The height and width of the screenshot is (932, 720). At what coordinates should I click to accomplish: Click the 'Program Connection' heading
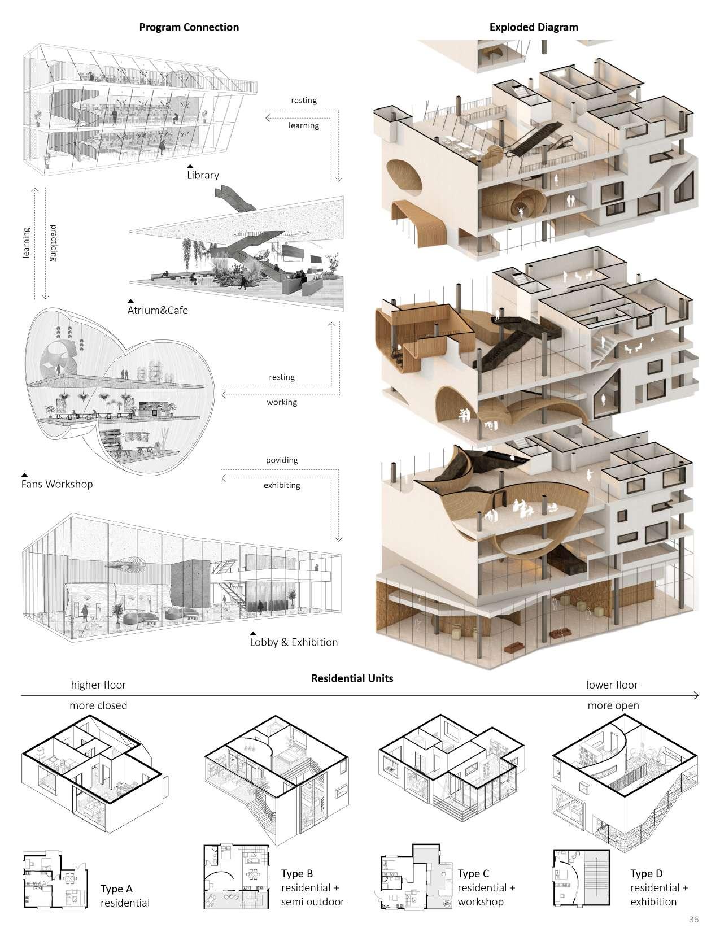189,27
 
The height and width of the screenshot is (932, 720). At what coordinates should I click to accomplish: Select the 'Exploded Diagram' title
534,27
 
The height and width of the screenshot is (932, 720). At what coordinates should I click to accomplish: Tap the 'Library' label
203,175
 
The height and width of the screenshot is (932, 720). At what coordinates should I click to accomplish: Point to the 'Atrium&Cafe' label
158,310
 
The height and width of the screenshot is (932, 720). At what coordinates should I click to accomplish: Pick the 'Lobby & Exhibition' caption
294,642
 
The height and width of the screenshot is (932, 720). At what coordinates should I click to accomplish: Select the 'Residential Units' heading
352,678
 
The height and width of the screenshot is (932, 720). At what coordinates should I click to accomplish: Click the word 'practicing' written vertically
54,243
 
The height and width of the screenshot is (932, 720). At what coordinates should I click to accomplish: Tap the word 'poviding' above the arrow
282,460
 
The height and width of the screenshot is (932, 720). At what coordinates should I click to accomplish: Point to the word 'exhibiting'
282,485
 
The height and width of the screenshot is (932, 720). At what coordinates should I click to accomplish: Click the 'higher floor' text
98,685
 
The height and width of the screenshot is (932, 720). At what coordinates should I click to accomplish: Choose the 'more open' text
613,705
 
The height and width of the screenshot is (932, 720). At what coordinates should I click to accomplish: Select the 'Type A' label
116,889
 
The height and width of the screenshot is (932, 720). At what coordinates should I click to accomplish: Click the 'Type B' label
297,874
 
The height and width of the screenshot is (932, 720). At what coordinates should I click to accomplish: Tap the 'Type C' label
473,874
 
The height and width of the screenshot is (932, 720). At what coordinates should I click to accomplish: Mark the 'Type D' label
646,874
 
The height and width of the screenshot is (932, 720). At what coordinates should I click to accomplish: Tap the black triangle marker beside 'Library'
191,167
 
